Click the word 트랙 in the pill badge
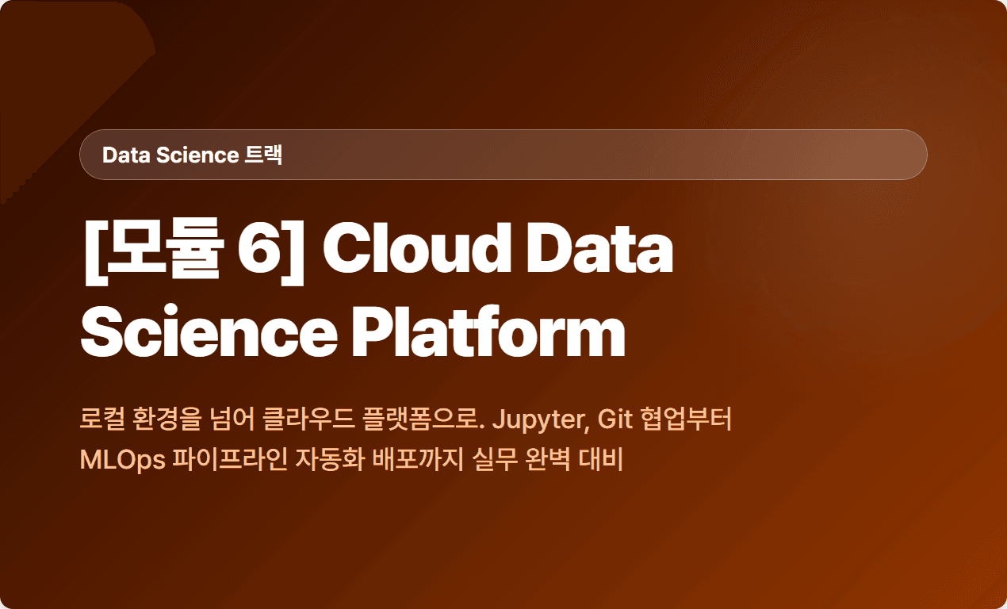tap(263, 155)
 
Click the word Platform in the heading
tap(488, 331)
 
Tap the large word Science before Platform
tap(209, 331)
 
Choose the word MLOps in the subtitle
tap(122, 461)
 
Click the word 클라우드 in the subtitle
tap(308, 418)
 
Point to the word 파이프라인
tap(230, 459)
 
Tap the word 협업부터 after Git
tap(687, 418)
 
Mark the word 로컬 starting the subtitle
tap(102, 418)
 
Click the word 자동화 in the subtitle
tap(330, 459)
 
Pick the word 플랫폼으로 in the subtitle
tap(423, 418)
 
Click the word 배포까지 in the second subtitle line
tap(418, 459)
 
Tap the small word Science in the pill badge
tap(197, 155)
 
